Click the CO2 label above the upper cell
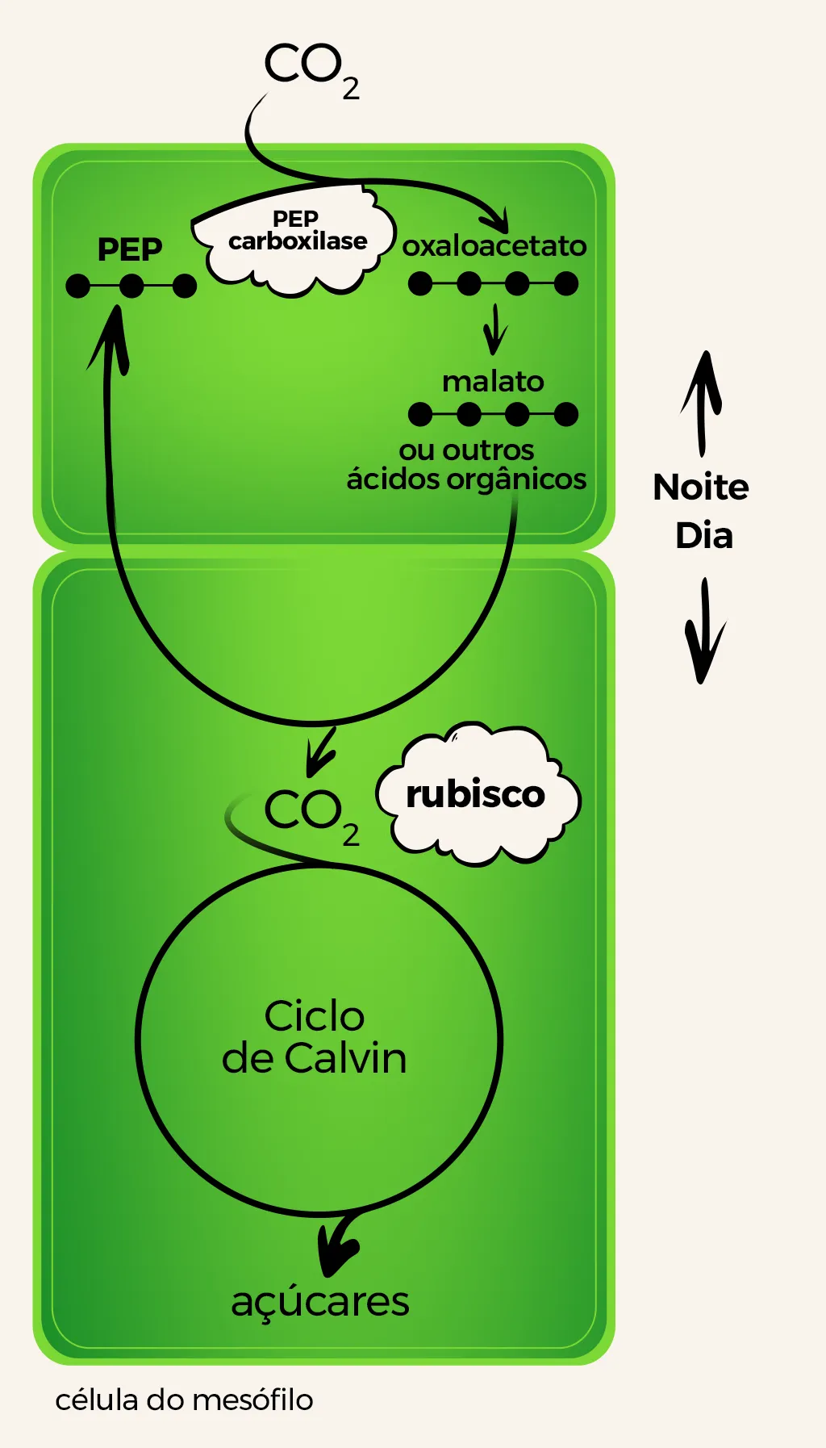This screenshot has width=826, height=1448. coord(311,69)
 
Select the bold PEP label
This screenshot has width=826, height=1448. coord(130,249)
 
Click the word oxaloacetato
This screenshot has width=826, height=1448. coord(494,245)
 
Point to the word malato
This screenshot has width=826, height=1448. coord(493,381)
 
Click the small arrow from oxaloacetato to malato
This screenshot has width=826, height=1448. coord(494,329)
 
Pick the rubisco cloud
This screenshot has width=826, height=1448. coord(477,795)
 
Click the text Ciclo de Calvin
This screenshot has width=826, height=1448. coord(315,1037)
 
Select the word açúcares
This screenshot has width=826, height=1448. coord(320,1301)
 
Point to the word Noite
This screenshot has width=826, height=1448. coord(701,488)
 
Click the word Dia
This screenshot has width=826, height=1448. coord(704,536)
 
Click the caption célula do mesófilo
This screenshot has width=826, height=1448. coord(184,1400)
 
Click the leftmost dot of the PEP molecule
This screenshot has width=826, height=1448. coord(78,286)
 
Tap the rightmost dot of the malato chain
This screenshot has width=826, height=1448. coord(566,414)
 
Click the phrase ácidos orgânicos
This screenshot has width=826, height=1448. coord(466,479)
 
